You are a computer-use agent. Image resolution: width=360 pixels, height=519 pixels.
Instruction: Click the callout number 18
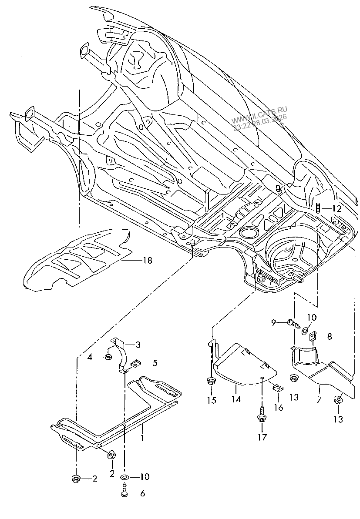click(x=147, y=261)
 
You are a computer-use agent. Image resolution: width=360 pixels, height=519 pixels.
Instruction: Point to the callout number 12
click(x=336, y=209)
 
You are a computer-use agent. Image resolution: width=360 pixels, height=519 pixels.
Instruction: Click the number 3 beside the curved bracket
click(x=138, y=345)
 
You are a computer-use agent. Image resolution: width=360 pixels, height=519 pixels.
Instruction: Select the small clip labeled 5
click(x=135, y=364)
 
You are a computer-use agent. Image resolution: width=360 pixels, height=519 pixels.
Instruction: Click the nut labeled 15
click(x=210, y=381)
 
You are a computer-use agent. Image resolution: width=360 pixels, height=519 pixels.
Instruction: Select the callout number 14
click(x=236, y=400)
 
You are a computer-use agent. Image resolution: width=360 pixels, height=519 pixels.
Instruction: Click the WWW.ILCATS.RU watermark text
click(x=259, y=115)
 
